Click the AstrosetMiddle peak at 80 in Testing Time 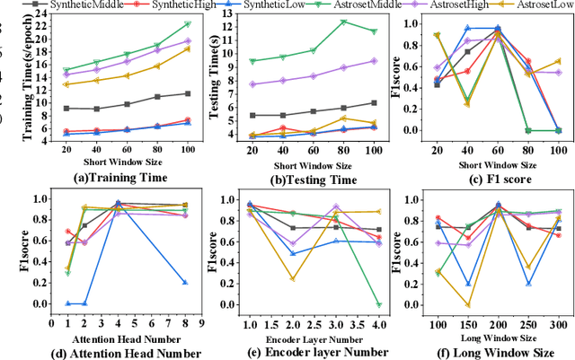[x=342, y=22]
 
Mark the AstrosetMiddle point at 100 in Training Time [x=187, y=23]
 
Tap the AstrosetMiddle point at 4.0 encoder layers [x=379, y=304]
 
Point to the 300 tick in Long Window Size [x=558, y=321]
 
